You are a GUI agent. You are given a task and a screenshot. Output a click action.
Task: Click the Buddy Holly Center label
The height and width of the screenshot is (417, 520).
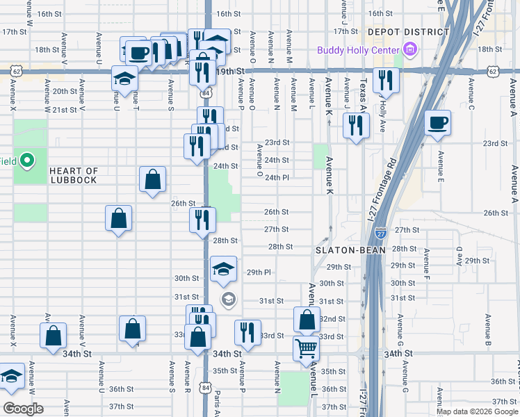(x=358, y=49)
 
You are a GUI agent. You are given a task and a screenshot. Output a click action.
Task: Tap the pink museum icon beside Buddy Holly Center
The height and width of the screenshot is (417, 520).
(x=410, y=49)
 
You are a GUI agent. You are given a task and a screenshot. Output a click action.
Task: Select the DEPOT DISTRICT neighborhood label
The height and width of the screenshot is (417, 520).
(x=407, y=32)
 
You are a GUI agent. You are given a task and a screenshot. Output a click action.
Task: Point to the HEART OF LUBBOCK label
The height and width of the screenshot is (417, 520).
(x=74, y=175)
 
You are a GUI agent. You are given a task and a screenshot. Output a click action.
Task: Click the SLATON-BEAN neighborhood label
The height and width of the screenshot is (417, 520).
(x=350, y=250)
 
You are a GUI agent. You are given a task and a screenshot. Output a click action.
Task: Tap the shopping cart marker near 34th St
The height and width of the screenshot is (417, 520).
(x=306, y=349)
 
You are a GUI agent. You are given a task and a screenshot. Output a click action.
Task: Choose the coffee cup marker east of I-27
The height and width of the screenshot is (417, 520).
(x=437, y=123)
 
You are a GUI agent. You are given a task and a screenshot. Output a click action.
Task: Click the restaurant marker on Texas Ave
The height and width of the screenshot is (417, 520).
(x=355, y=126)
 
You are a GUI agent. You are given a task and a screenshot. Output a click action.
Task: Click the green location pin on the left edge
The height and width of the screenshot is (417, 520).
(x=27, y=161)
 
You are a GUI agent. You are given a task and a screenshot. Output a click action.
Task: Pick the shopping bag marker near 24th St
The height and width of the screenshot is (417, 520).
(x=152, y=179)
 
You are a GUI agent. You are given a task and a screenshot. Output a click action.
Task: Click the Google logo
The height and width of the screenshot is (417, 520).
(x=23, y=409)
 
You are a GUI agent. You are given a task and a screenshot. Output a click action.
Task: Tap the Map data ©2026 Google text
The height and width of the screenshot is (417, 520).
(x=476, y=411)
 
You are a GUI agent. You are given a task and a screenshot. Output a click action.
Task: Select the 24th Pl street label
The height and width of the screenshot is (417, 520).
(x=276, y=177)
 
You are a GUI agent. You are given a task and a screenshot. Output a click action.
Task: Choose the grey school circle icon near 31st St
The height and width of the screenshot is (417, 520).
(x=228, y=300)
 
